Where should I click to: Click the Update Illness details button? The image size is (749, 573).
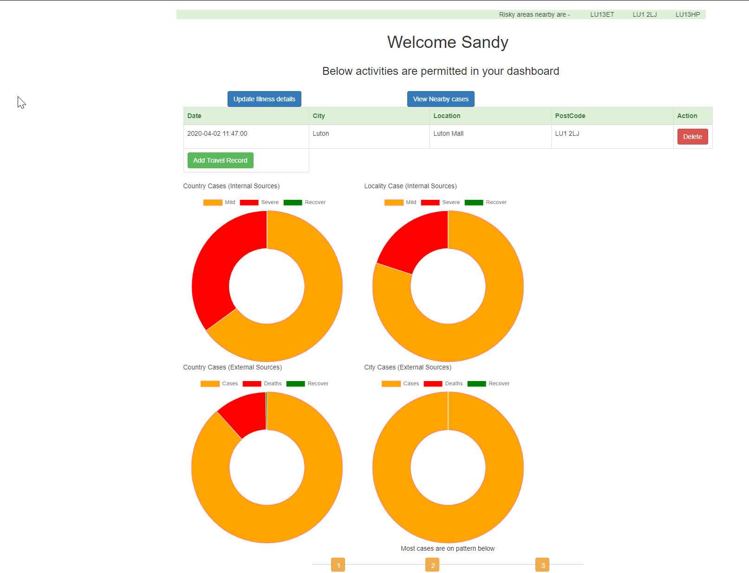pos(264,99)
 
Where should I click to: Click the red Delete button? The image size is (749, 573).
pos(692,137)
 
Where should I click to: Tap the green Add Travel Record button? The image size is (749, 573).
pos(220,160)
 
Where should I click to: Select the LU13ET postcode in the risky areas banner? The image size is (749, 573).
pos(602,14)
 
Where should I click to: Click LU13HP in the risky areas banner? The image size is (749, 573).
pos(687,14)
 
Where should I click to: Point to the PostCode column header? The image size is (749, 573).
pos(570,116)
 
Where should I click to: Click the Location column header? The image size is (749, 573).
pos(447,116)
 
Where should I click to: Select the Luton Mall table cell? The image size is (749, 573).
pos(448,133)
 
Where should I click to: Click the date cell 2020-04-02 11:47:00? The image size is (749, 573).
pos(217,133)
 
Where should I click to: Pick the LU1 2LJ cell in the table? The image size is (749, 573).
pos(567,133)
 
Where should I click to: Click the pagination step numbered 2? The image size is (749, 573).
pos(432,565)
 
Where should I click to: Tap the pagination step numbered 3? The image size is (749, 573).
pos(542,565)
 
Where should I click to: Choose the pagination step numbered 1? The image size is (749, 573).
pos(338,565)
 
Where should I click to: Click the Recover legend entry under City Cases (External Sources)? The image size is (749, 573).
pos(488,383)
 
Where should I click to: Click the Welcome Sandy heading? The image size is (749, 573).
pos(448,42)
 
